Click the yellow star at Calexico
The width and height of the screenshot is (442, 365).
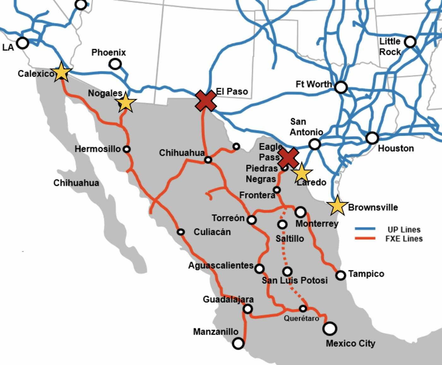click(61, 72)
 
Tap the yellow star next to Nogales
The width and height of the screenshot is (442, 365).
click(126, 102)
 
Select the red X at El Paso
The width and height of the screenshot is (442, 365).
click(206, 101)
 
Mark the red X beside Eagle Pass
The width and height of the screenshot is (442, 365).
click(288, 158)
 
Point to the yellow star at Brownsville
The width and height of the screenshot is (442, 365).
click(337, 206)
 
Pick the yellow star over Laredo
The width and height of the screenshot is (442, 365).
click(302, 173)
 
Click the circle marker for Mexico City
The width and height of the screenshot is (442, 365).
click(330, 328)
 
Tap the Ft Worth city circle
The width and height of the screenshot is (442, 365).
click(341, 87)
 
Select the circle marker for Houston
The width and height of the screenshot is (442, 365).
click(372, 138)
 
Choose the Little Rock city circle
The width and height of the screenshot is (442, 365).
click(410, 42)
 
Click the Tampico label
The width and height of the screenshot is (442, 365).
click(366, 274)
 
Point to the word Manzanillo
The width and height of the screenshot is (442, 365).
click(216, 332)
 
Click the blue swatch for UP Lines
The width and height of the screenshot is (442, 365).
click(365, 229)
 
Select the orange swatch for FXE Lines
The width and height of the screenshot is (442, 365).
click(365, 238)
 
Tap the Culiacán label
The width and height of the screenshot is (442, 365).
click(212, 232)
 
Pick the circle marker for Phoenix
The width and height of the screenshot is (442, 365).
click(115, 64)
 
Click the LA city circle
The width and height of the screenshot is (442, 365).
click(22, 43)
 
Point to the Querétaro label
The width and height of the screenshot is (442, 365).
click(301, 318)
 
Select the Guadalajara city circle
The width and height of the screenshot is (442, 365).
click(248, 309)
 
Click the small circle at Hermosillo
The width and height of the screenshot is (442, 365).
click(127, 149)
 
